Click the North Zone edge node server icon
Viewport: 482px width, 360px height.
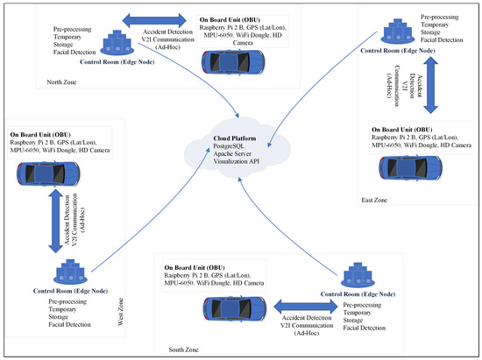point(116,41)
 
